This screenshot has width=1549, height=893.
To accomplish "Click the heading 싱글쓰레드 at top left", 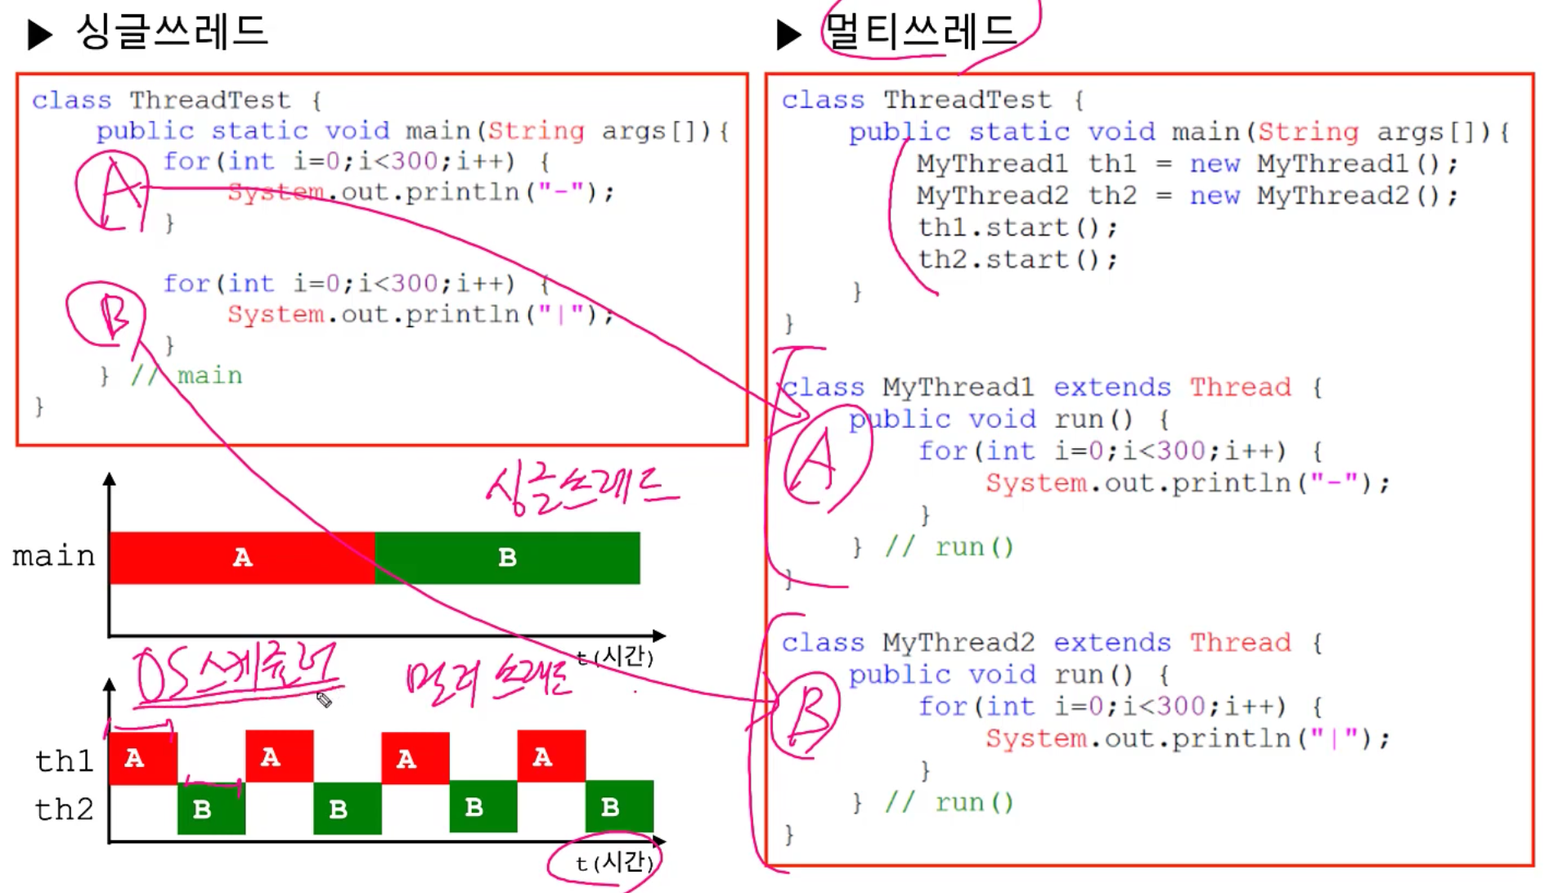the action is click(172, 33).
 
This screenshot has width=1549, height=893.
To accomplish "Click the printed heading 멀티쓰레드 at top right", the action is click(921, 33).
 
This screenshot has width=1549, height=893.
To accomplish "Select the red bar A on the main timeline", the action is click(242, 558).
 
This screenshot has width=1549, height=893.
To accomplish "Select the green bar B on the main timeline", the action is click(507, 558).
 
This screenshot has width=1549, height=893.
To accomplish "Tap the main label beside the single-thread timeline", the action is click(54, 556).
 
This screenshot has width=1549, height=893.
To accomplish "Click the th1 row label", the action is click(64, 761).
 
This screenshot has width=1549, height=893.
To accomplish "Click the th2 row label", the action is click(64, 810).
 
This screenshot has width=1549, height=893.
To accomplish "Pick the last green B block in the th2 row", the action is click(619, 808).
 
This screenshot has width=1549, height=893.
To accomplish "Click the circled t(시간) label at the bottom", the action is click(613, 862).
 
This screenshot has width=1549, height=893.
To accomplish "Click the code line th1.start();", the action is click(1017, 227).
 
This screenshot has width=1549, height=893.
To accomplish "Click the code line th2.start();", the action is click(1017, 260).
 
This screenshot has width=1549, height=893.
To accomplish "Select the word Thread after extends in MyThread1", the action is click(1240, 387).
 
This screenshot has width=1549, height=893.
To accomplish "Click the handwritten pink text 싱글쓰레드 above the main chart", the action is click(581, 491).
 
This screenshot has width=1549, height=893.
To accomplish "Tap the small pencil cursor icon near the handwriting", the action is click(324, 699).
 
